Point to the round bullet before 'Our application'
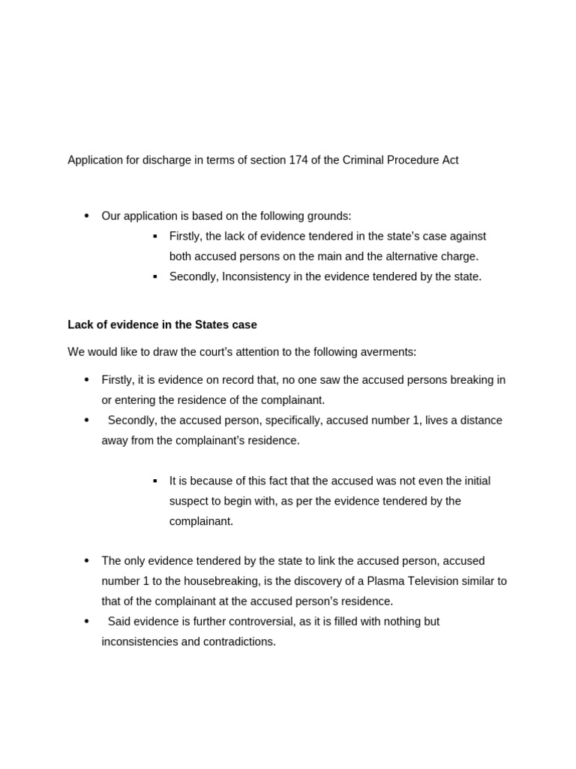pyautogui.click(x=86, y=216)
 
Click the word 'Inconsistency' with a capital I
pyautogui.click(x=255, y=276)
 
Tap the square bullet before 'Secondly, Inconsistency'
pyautogui.click(x=155, y=276)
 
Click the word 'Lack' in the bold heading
pyautogui.click(x=80, y=325)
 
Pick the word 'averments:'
pyautogui.click(x=389, y=352)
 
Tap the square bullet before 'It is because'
pyautogui.click(x=155, y=481)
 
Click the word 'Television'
pyautogui.click(x=439, y=581)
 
